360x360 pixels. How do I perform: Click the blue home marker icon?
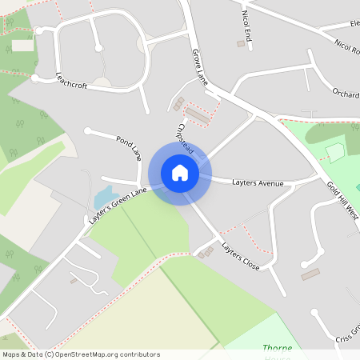[x=180, y=173]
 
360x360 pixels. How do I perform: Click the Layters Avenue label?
[x=258, y=183]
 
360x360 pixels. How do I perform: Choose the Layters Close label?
[x=241, y=256]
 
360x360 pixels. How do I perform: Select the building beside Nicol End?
[x=240, y=44]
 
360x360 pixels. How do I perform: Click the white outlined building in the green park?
[x=334, y=151]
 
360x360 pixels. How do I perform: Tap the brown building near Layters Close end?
[x=310, y=274]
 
